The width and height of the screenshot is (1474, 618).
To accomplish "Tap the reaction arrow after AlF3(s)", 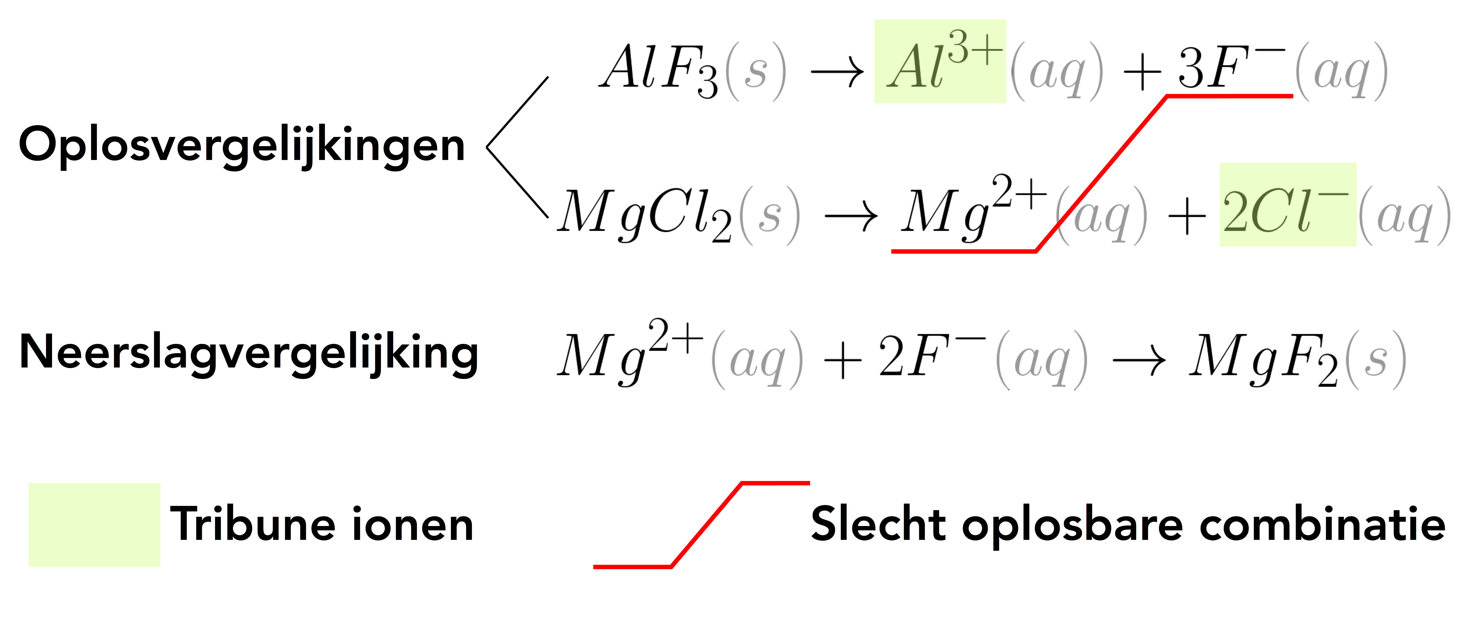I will pyautogui.click(x=837, y=73).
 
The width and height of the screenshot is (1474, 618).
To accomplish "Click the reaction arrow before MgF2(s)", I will pyautogui.click(x=1139, y=361).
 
